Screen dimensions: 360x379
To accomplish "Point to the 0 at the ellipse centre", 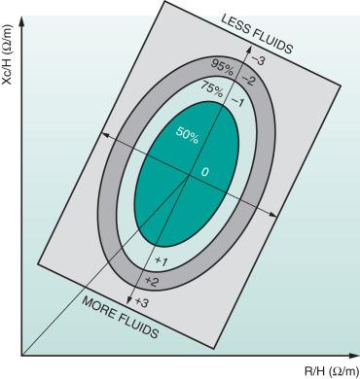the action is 204,172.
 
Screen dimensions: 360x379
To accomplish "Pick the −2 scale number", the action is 248,79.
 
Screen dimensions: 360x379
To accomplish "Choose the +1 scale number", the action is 162,261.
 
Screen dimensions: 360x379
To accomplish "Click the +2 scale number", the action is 152,282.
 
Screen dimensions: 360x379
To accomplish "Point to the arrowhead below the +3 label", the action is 133,308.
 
